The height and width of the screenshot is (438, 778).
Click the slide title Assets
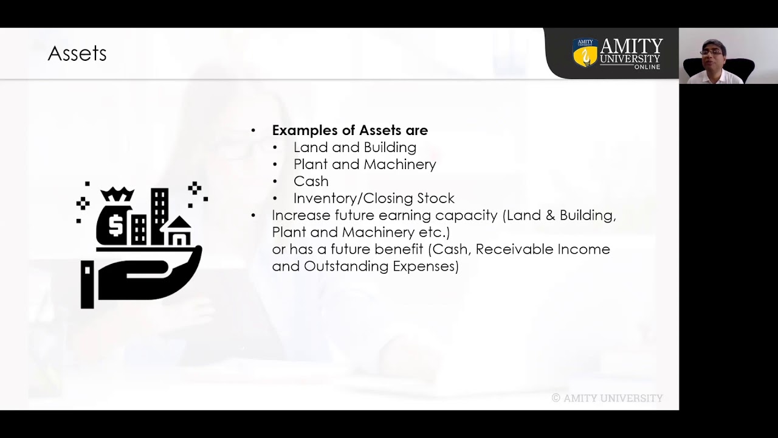(77, 54)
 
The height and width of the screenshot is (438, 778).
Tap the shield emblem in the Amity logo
(585, 54)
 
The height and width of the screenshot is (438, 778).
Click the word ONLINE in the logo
(647, 66)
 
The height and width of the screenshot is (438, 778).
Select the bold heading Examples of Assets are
(349, 130)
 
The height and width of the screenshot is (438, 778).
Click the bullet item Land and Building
(354, 147)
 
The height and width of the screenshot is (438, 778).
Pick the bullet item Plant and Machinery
(365, 164)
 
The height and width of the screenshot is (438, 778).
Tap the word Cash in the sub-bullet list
(311, 181)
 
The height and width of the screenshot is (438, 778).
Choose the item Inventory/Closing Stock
(374, 198)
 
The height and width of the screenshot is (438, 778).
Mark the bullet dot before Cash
(275, 182)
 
